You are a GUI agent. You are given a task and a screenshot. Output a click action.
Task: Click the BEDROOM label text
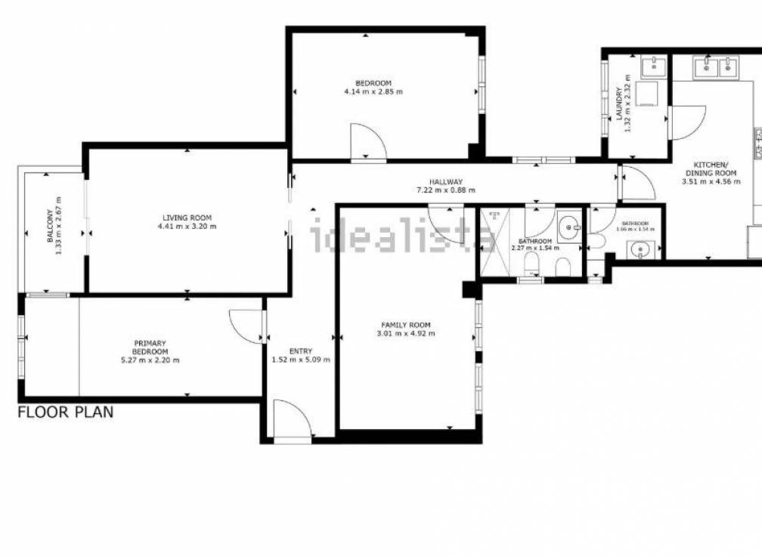373,82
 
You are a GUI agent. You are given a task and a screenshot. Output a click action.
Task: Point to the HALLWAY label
446,181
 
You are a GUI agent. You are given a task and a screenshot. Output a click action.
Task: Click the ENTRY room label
301,351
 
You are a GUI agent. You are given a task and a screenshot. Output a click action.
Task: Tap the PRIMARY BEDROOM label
150,347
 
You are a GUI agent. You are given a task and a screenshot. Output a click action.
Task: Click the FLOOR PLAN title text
66,412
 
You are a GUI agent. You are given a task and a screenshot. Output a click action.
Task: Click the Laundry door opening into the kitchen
686,121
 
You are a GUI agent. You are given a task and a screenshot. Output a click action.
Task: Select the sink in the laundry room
652,67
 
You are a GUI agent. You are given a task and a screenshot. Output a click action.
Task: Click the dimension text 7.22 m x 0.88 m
446,190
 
